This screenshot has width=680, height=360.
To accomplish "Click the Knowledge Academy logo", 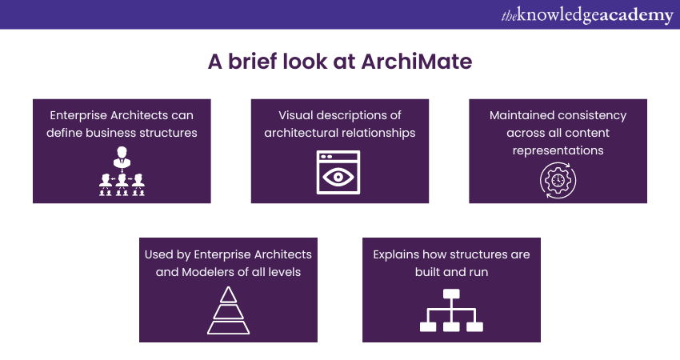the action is pyautogui.click(x=587, y=15).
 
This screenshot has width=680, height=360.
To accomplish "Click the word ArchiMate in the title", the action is pyautogui.click(x=416, y=61).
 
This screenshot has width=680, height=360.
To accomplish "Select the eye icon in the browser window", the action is pyautogui.click(x=338, y=177).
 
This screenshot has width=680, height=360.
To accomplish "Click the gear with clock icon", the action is pyautogui.click(x=558, y=180).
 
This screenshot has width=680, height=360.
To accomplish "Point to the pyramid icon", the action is pyautogui.click(x=228, y=310).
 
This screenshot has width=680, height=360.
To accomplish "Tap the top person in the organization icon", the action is pyautogui.click(x=122, y=157).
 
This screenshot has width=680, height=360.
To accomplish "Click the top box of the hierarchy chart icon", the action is pyautogui.click(x=451, y=294).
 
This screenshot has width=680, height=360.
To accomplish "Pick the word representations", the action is pyautogui.click(x=558, y=151).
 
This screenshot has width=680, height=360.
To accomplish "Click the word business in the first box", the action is pyautogui.click(x=107, y=133).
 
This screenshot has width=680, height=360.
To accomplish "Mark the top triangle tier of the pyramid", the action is pyautogui.click(x=228, y=295).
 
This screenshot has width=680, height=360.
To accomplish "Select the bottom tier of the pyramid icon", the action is pyautogui.click(x=228, y=328).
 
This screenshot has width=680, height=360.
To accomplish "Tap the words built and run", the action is pyautogui.click(x=451, y=272).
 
